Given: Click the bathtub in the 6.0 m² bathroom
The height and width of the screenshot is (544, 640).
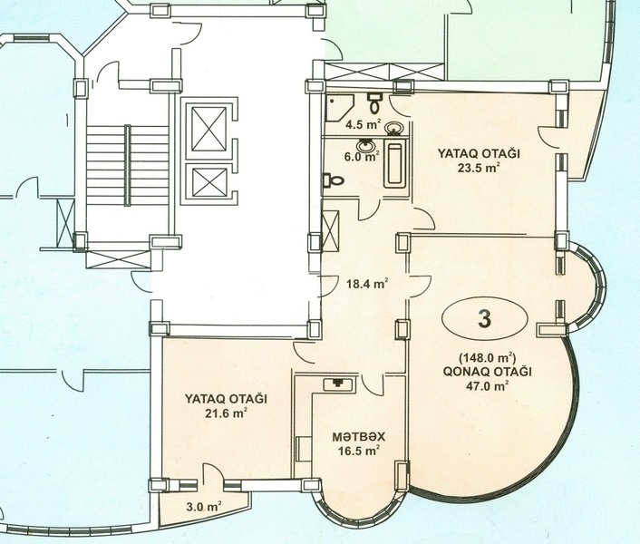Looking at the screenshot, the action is [394, 163].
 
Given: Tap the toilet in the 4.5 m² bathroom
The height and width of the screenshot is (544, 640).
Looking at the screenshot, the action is [374, 103].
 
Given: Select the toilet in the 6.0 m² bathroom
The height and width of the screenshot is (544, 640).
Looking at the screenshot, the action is [333, 180].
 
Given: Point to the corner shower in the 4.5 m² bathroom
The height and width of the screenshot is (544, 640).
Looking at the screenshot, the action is [339, 108].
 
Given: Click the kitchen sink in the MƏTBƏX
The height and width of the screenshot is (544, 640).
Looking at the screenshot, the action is [339, 384].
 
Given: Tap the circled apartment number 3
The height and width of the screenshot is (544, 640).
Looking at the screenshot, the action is [484, 319].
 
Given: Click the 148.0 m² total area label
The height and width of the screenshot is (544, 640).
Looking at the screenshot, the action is [488, 358].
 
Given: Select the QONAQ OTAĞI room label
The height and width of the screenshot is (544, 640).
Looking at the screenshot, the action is [488, 372].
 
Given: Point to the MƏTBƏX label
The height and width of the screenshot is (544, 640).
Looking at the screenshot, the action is [359, 437].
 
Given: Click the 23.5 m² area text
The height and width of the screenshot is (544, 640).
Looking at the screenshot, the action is [479, 168].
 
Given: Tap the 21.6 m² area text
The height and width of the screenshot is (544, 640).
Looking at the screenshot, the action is [227, 413].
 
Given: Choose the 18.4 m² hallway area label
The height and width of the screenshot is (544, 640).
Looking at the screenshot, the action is [367, 283].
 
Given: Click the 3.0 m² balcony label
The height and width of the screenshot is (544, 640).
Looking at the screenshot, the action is [204, 507].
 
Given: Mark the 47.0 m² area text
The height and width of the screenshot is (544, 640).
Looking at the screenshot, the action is [488, 385].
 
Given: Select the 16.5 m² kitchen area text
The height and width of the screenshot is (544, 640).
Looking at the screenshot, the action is [359, 451].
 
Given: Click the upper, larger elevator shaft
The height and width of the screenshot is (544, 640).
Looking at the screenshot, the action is [208, 129].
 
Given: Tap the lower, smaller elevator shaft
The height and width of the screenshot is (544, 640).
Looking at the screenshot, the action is [209, 182].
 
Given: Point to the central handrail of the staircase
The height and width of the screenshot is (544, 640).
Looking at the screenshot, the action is [128, 165].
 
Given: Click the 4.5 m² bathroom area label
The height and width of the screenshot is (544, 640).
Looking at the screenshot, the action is [364, 124].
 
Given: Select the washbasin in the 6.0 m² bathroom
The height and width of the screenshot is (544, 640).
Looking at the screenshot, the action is [364, 145].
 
